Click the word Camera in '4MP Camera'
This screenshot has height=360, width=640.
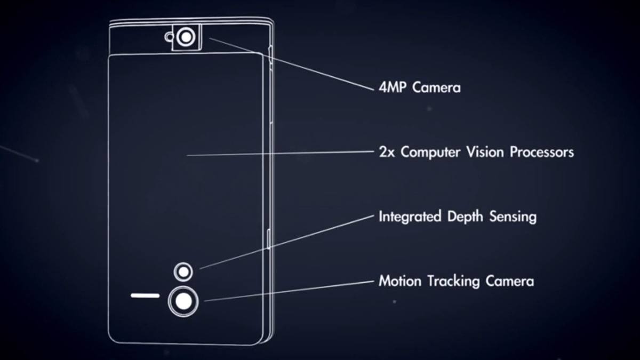pyautogui.click(x=436, y=87)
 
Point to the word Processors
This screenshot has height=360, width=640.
pyautogui.click(x=542, y=152)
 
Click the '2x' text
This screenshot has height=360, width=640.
pyautogui.click(x=387, y=152)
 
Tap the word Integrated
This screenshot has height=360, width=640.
pyautogui.click(x=410, y=217)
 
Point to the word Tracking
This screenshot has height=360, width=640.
pyautogui.click(x=449, y=281)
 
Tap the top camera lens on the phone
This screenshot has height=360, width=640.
pyautogui.click(x=186, y=37)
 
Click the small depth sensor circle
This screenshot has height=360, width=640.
pyautogui.click(x=183, y=272)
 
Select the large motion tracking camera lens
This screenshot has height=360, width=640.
pyautogui.click(x=183, y=301)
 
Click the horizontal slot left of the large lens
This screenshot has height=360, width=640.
pyautogui.click(x=145, y=295)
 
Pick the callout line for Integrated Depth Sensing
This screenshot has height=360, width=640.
pyautogui.click(x=288, y=242)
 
